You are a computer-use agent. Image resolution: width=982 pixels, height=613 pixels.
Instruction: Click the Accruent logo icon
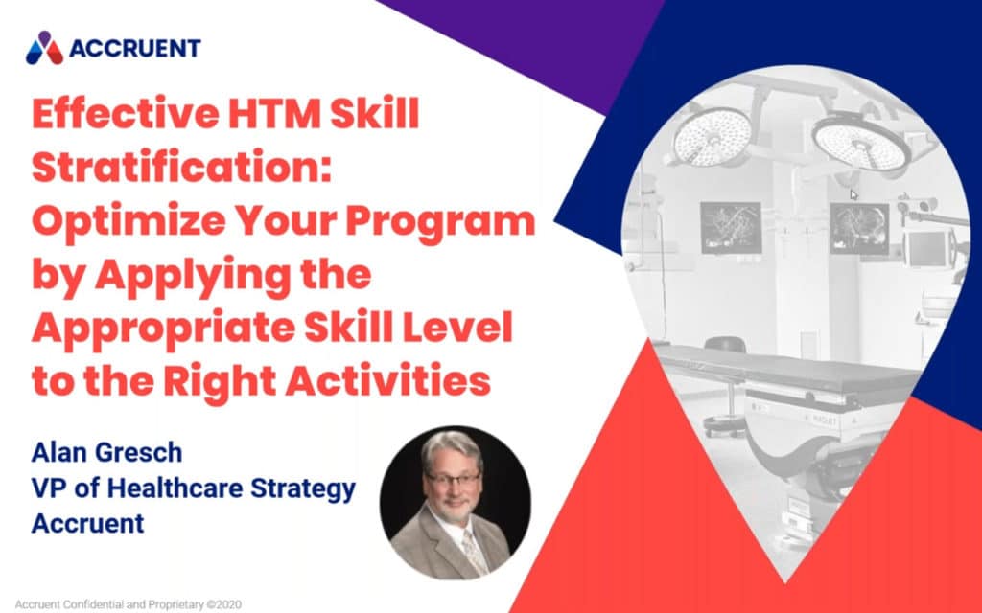43,48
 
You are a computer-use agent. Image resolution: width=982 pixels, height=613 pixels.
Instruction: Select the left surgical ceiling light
711,135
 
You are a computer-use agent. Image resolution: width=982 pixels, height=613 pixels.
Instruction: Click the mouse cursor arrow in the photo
853,193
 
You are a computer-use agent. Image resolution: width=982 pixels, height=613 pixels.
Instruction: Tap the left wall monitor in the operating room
730,227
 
